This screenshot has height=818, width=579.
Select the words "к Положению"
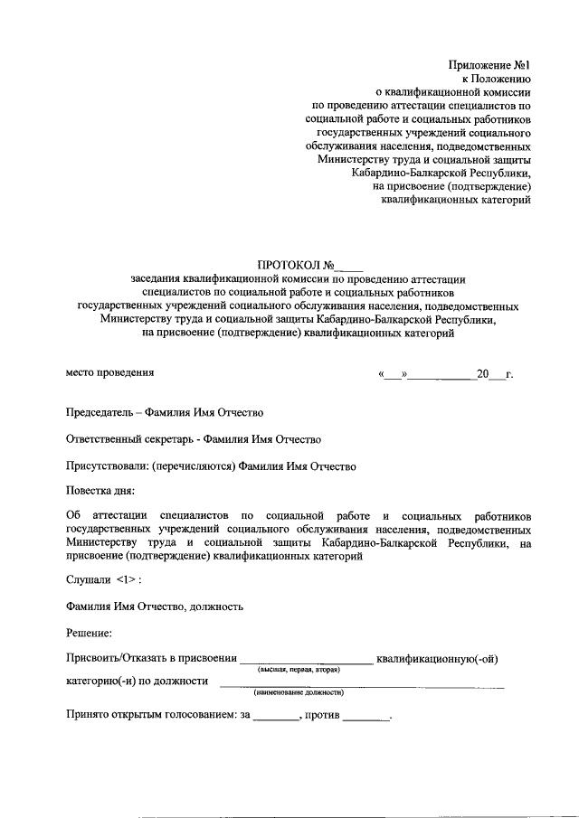[496, 79]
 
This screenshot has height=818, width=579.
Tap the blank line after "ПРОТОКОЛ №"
[348, 268]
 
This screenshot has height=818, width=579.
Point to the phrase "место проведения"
[110, 371]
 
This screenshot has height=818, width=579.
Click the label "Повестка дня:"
[100, 493]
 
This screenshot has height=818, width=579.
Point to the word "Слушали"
[89, 578]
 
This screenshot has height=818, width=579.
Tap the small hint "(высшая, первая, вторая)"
[298, 670]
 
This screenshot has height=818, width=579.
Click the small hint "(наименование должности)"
[299, 692]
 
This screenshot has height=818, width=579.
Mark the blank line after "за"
[275, 719]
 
